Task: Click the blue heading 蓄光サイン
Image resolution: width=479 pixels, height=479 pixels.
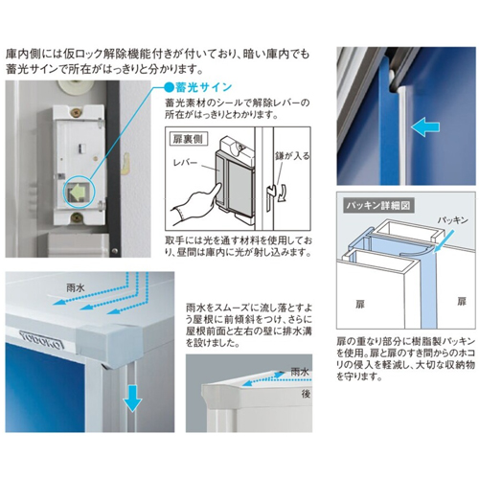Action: (x=203, y=87)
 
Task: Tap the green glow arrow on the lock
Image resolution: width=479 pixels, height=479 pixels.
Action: (x=77, y=192)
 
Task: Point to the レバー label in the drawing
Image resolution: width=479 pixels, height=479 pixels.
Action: (x=185, y=163)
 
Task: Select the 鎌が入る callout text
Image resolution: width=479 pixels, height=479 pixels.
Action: (x=292, y=156)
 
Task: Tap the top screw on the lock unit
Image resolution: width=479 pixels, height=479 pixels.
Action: (x=77, y=113)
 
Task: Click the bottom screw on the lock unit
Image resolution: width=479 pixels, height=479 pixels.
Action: (x=77, y=217)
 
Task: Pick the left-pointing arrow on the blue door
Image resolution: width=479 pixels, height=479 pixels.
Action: (x=425, y=127)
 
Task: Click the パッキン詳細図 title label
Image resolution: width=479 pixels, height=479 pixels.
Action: (x=378, y=205)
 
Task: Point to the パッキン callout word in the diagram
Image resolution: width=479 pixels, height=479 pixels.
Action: (x=452, y=220)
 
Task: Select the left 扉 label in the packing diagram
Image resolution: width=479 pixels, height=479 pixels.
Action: (x=360, y=304)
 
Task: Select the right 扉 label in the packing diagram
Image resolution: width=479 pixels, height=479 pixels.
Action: (x=462, y=301)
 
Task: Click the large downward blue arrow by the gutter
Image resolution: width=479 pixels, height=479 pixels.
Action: (x=132, y=399)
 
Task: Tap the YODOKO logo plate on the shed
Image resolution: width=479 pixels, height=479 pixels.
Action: (x=42, y=339)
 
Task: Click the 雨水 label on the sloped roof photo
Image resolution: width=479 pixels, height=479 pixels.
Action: (x=76, y=288)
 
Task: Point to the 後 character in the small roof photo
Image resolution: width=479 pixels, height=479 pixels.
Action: (x=306, y=394)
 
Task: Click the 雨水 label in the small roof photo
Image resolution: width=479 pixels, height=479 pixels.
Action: (x=300, y=372)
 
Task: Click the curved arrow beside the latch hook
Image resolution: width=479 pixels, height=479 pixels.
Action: (x=283, y=193)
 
